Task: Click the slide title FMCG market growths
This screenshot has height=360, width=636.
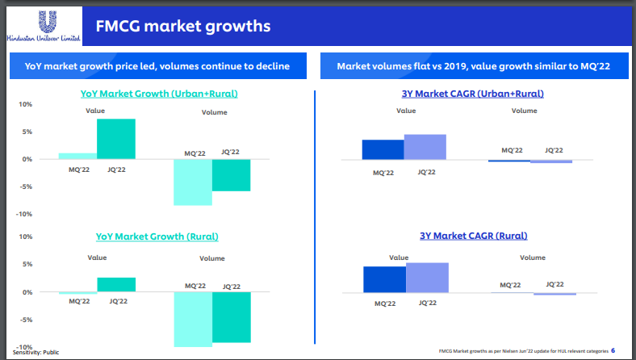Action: click(182, 27)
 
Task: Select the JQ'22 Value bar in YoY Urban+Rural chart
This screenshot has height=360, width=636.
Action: click(116, 139)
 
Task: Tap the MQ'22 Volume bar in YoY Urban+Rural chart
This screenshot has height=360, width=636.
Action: click(193, 182)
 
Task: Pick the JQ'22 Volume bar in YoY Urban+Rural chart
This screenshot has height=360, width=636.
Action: click(232, 175)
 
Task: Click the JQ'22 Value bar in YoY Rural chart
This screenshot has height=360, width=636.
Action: click(116, 284)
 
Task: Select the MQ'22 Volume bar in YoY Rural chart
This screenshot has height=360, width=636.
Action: click(193, 319)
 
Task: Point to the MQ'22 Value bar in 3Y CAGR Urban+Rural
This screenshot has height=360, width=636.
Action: click(383, 150)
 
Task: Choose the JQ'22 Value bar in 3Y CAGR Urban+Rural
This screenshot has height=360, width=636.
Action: click(425, 148)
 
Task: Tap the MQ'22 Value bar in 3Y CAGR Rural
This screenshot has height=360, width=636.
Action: click(384, 279)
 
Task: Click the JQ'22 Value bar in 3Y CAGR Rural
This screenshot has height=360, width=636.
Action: click(427, 278)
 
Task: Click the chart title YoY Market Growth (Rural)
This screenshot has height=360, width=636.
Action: click(157, 237)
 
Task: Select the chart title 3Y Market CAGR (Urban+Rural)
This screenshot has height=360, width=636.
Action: click(472, 94)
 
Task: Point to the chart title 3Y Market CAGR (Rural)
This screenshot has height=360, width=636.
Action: click(473, 236)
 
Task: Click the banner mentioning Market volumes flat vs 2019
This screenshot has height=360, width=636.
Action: click(472, 66)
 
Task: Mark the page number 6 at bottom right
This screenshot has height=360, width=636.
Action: click(613, 351)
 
